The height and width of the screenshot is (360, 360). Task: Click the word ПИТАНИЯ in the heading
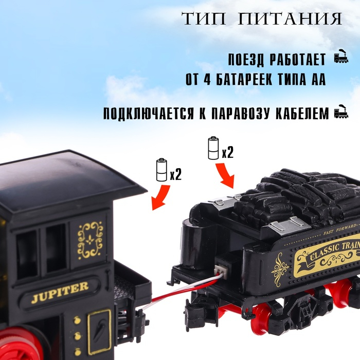click(x=294, y=19)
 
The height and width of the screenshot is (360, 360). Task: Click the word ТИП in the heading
click(x=203, y=19)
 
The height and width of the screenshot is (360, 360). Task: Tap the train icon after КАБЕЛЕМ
click(x=340, y=112)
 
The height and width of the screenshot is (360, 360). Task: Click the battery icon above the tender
click(x=213, y=148)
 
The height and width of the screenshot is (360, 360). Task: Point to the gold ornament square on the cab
click(x=90, y=240)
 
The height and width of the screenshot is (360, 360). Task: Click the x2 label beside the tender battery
click(x=228, y=153)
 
